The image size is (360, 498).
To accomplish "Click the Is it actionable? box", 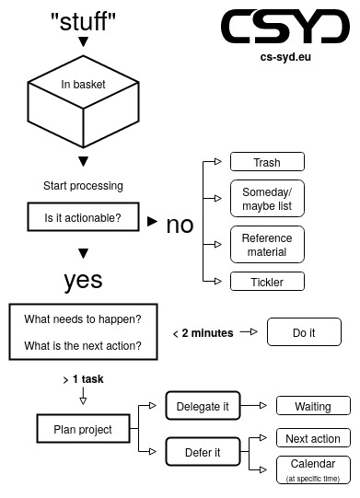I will click(83, 219).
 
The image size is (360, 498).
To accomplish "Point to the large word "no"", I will click(180, 225).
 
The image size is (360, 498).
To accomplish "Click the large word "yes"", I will click(83, 280).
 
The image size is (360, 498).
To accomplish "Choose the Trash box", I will click(266, 163).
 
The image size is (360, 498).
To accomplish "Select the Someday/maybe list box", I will click(266, 199).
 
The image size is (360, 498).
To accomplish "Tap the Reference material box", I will click(266, 245).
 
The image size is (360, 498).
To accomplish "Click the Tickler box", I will click(266, 282).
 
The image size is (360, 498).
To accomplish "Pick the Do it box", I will click(304, 332).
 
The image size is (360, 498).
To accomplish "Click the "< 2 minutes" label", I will click(203, 333).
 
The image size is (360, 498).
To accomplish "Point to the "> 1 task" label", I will click(83, 379).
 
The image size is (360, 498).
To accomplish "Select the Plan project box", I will click(83, 429).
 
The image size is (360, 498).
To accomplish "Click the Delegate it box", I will click(203, 406).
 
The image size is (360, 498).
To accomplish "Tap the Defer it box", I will click(203, 452).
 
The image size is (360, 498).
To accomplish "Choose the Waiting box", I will click(313, 406).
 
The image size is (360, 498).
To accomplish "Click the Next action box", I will click(313, 439).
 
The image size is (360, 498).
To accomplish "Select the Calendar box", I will click(313, 469).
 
